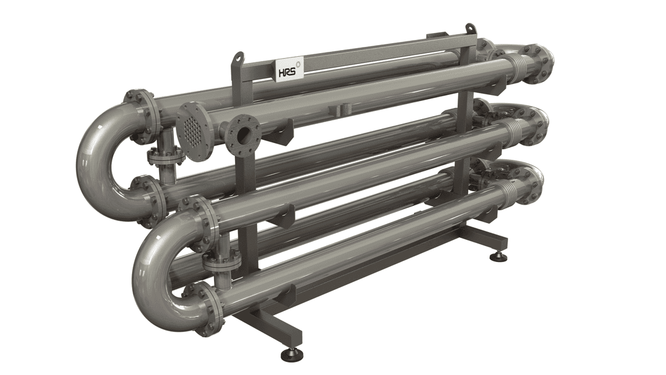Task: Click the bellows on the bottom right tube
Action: coord(509,188)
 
